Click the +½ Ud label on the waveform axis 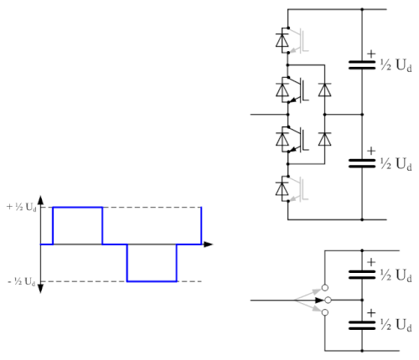tap(21, 207)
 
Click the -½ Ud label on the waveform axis tap(22, 281)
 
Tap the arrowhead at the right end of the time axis tap(208, 244)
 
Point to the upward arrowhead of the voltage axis tap(40, 200)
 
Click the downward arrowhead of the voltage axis tap(40, 288)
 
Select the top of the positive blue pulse tap(78, 208)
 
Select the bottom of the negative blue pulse tap(152, 281)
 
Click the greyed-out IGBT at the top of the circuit tap(298, 40)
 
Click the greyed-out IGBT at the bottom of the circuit tap(298, 188)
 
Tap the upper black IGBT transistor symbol tap(298, 90)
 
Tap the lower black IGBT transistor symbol tap(298, 139)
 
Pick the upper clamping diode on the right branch tap(324, 90)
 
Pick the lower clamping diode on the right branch tap(324, 139)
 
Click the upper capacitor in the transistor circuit tap(362, 64)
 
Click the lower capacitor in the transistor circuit tap(362, 163)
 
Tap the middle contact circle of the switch tap(328, 301)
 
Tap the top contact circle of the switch tap(325, 288)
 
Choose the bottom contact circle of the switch tap(325, 312)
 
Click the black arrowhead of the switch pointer tap(319, 301)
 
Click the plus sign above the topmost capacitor tap(371, 54)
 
